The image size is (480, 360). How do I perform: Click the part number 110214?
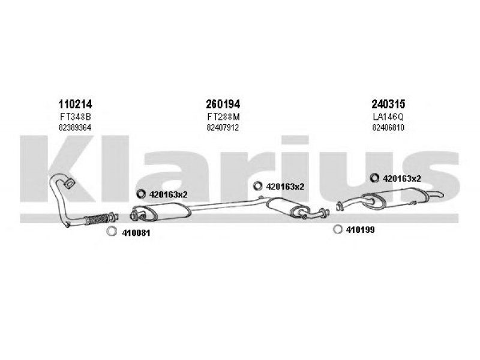(x=75, y=104)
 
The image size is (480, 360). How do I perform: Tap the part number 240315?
(x=388, y=104)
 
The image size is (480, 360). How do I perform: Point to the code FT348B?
(x=75, y=116)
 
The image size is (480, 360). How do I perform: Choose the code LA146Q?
(x=388, y=116)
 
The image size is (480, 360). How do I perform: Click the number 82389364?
(x=75, y=127)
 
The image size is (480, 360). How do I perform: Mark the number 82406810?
(x=388, y=127)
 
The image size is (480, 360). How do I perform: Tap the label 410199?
(x=360, y=229)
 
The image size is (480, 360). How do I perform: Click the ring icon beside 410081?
(x=111, y=232)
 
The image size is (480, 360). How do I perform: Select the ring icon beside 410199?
(x=337, y=229)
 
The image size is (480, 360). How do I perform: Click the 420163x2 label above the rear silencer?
(x=401, y=178)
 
